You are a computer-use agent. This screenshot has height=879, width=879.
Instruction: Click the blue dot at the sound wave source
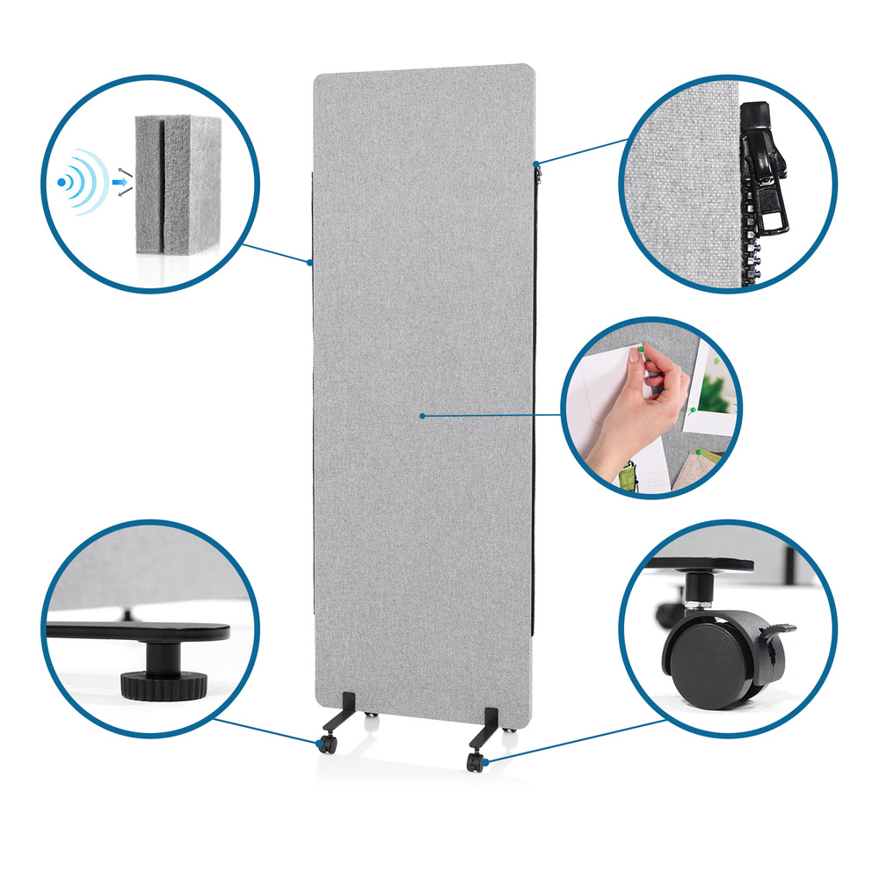coord(61,182)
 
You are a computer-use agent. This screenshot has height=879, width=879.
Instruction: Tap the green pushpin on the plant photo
coord(694,410)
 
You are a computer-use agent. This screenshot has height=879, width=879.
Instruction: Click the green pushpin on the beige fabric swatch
coord(700,452)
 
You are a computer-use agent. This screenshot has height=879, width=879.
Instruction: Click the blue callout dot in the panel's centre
coord(422,415)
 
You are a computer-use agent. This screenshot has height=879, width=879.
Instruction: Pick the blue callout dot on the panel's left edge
coord(310,262)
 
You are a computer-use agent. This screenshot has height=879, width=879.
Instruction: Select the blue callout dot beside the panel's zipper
coord(537,163)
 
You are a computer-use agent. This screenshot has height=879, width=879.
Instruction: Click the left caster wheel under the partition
coord(327,745)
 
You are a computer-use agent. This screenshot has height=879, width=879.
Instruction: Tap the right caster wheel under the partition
coord(476,762)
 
